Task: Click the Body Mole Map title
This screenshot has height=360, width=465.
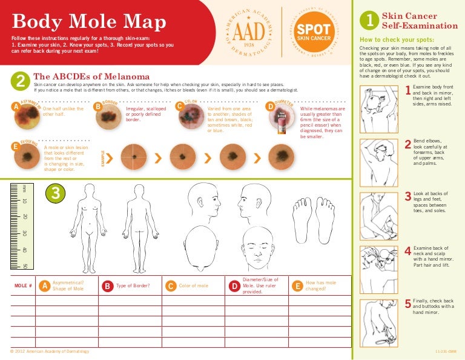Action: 88,23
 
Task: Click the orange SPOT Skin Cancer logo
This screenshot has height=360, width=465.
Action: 314,33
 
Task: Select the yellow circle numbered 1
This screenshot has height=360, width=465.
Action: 369,21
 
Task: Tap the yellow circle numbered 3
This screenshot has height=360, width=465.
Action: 56,193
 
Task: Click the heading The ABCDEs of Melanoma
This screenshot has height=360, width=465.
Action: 92,76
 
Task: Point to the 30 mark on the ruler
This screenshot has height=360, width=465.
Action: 24,233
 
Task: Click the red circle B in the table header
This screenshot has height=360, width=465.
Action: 107,285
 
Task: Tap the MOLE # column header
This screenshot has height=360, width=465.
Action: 23,285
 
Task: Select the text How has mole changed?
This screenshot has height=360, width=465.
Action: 321,285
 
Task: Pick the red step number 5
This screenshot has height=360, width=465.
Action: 407,304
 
